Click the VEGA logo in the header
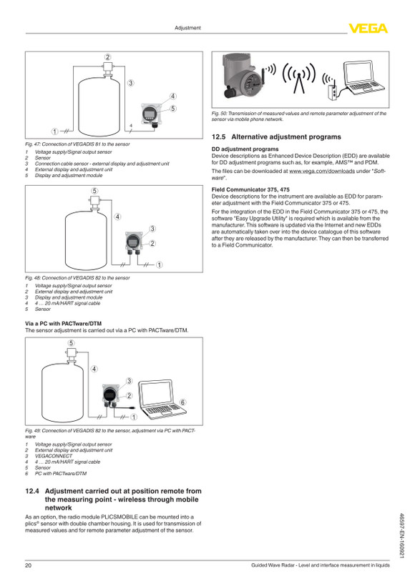click(368, 29)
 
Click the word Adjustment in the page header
click(187, 28)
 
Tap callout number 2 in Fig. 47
click(108, 57)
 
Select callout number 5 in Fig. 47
click(173, 109)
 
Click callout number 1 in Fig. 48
click(159, 264)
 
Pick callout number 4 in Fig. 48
click(117, 217)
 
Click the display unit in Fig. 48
click(134, 242)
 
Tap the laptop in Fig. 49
click(162, 398)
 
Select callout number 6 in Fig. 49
click(182, 402)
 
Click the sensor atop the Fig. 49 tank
click(71, 354)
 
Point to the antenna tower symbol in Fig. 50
click(298, 78)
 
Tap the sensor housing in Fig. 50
click(243, 76)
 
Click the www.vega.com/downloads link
click(322, 172)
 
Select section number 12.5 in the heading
click(218, 136)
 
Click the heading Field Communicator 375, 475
click(250, 189)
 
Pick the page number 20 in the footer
click(29, 565)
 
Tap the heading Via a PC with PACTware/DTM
click(63, 324)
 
